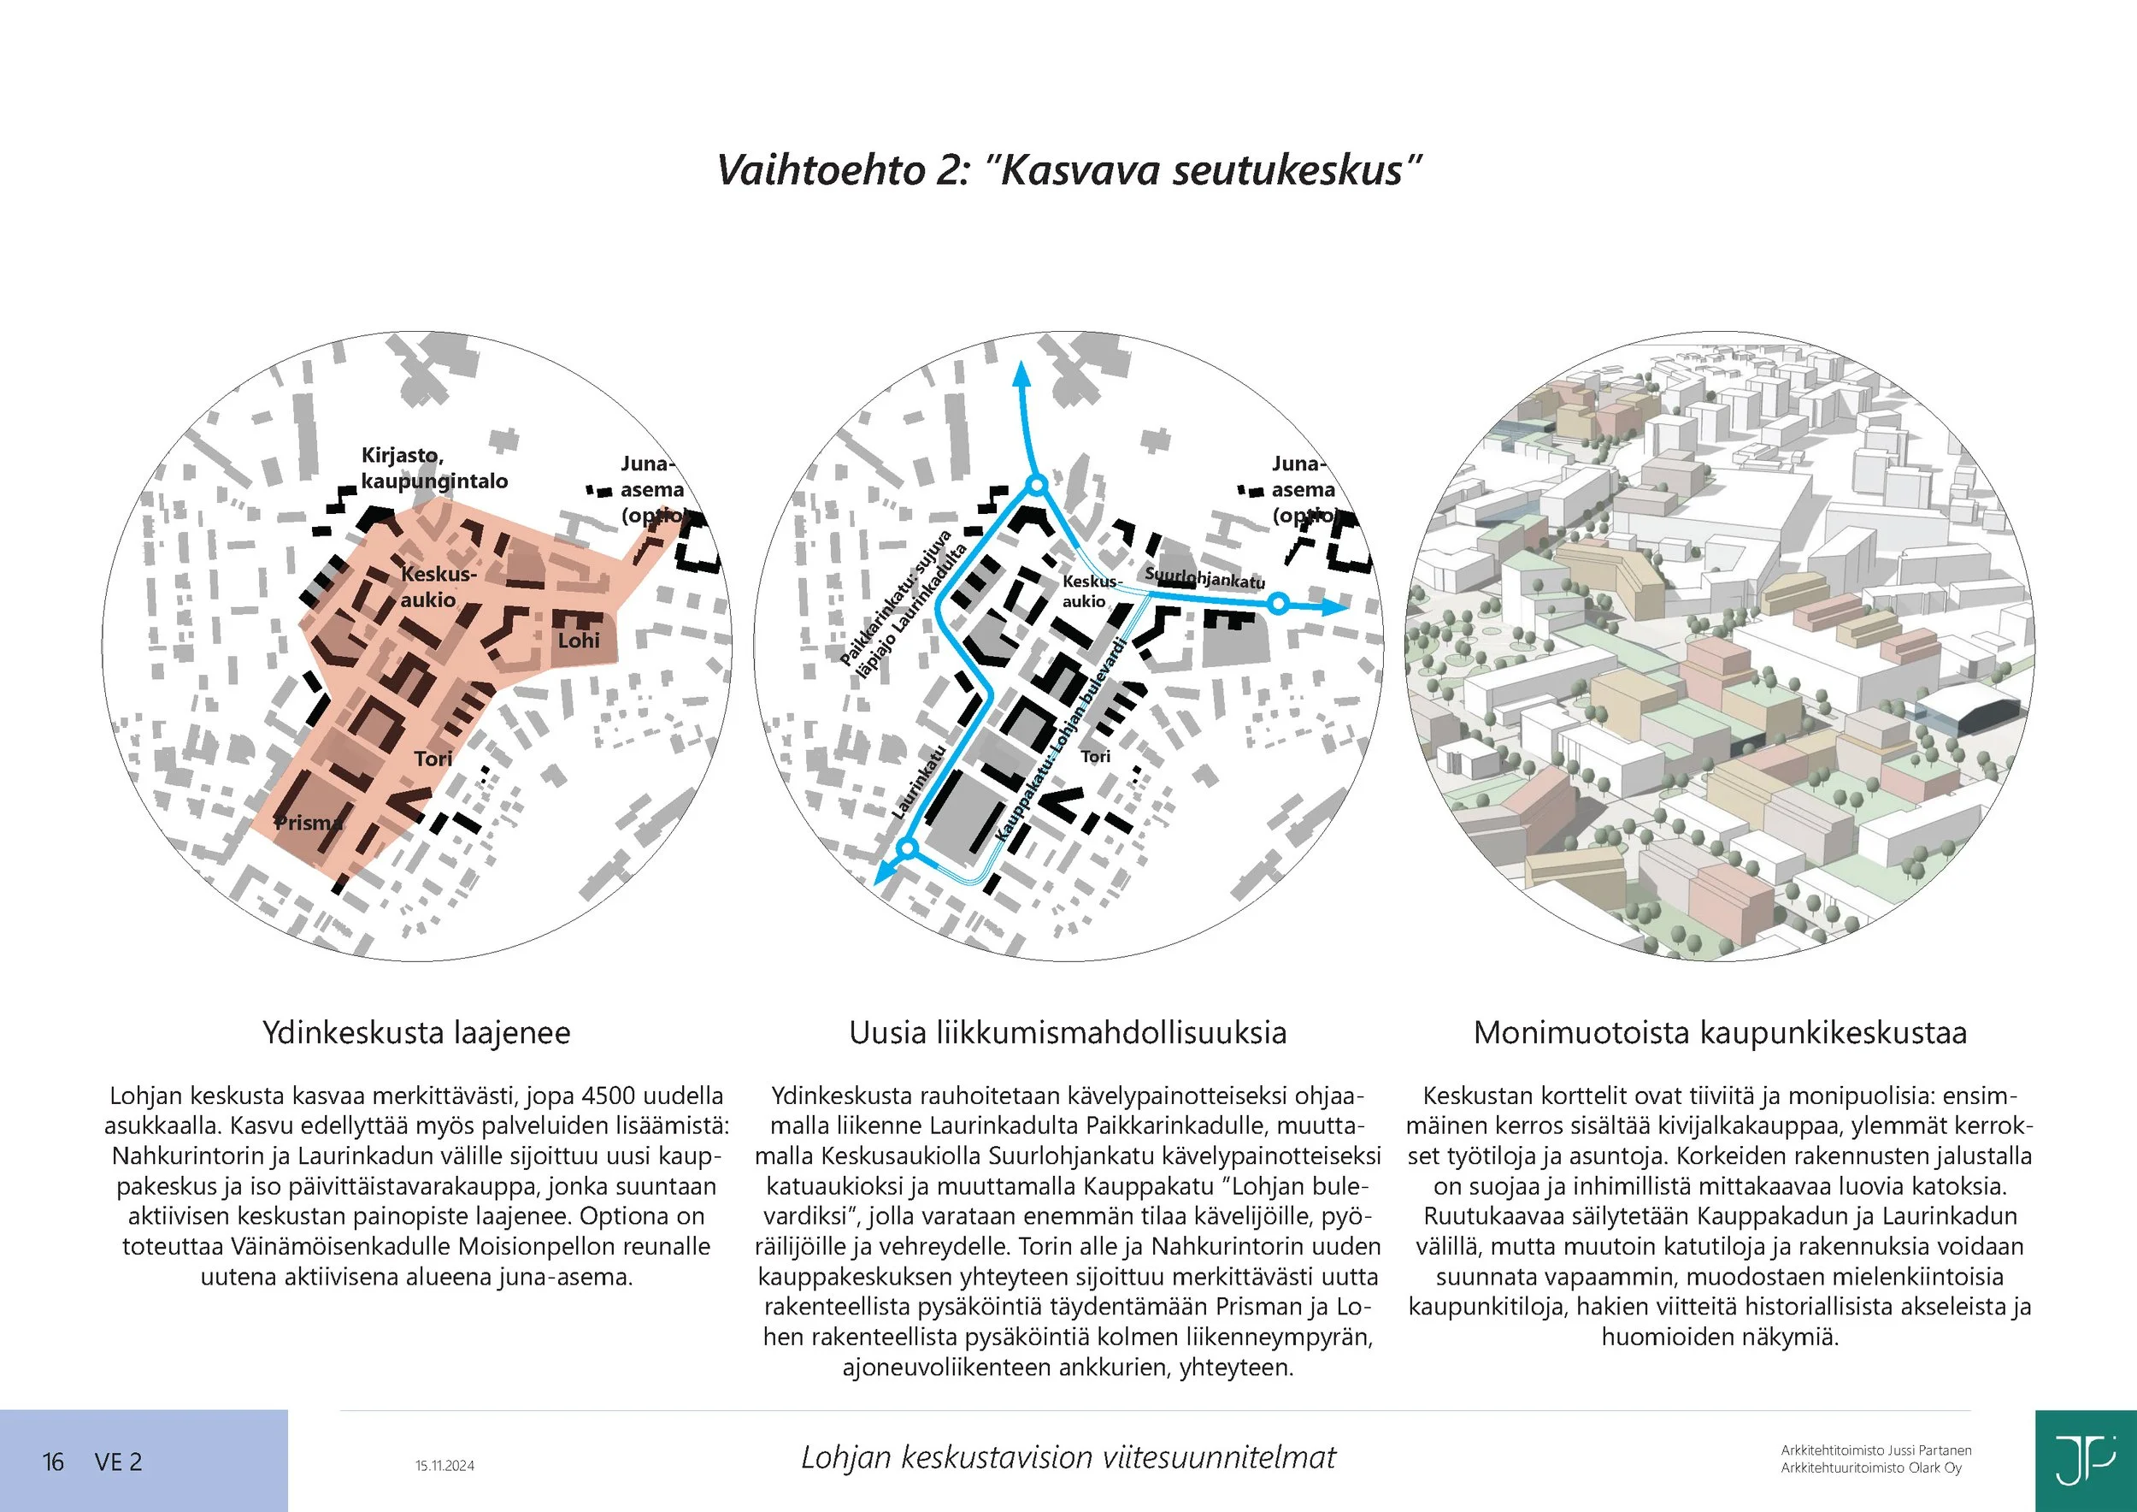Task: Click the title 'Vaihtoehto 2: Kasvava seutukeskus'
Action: [1068, 170]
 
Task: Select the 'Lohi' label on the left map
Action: [579, 641]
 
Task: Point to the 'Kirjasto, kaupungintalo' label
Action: [433, 469]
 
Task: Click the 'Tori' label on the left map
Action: [433, 759]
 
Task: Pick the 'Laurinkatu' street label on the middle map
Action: [919, 782]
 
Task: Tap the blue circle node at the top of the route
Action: [1037, 485]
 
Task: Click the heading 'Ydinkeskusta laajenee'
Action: [416, 1032]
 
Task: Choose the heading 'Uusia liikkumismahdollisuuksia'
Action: [1068, 1032]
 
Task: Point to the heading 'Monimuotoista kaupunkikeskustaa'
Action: [1720, 1032]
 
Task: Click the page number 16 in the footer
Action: [53, 1462]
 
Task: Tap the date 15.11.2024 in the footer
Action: [444, 1466]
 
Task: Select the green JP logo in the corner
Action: [2085, 1461]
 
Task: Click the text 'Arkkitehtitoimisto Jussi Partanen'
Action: [1876, 1450]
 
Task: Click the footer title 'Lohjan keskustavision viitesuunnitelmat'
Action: [1068, 1457]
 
